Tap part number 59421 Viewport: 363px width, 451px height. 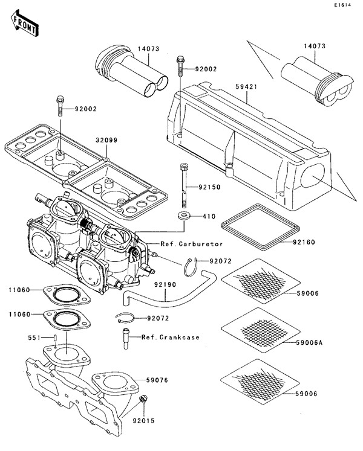click(x=245, y=88)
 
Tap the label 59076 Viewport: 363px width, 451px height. click(x=157, y=381)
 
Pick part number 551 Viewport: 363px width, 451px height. click(x=36, y=337)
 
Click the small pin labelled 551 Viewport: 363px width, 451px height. click(x=54, y=337)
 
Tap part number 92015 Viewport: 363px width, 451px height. click(x=143, y=419)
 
